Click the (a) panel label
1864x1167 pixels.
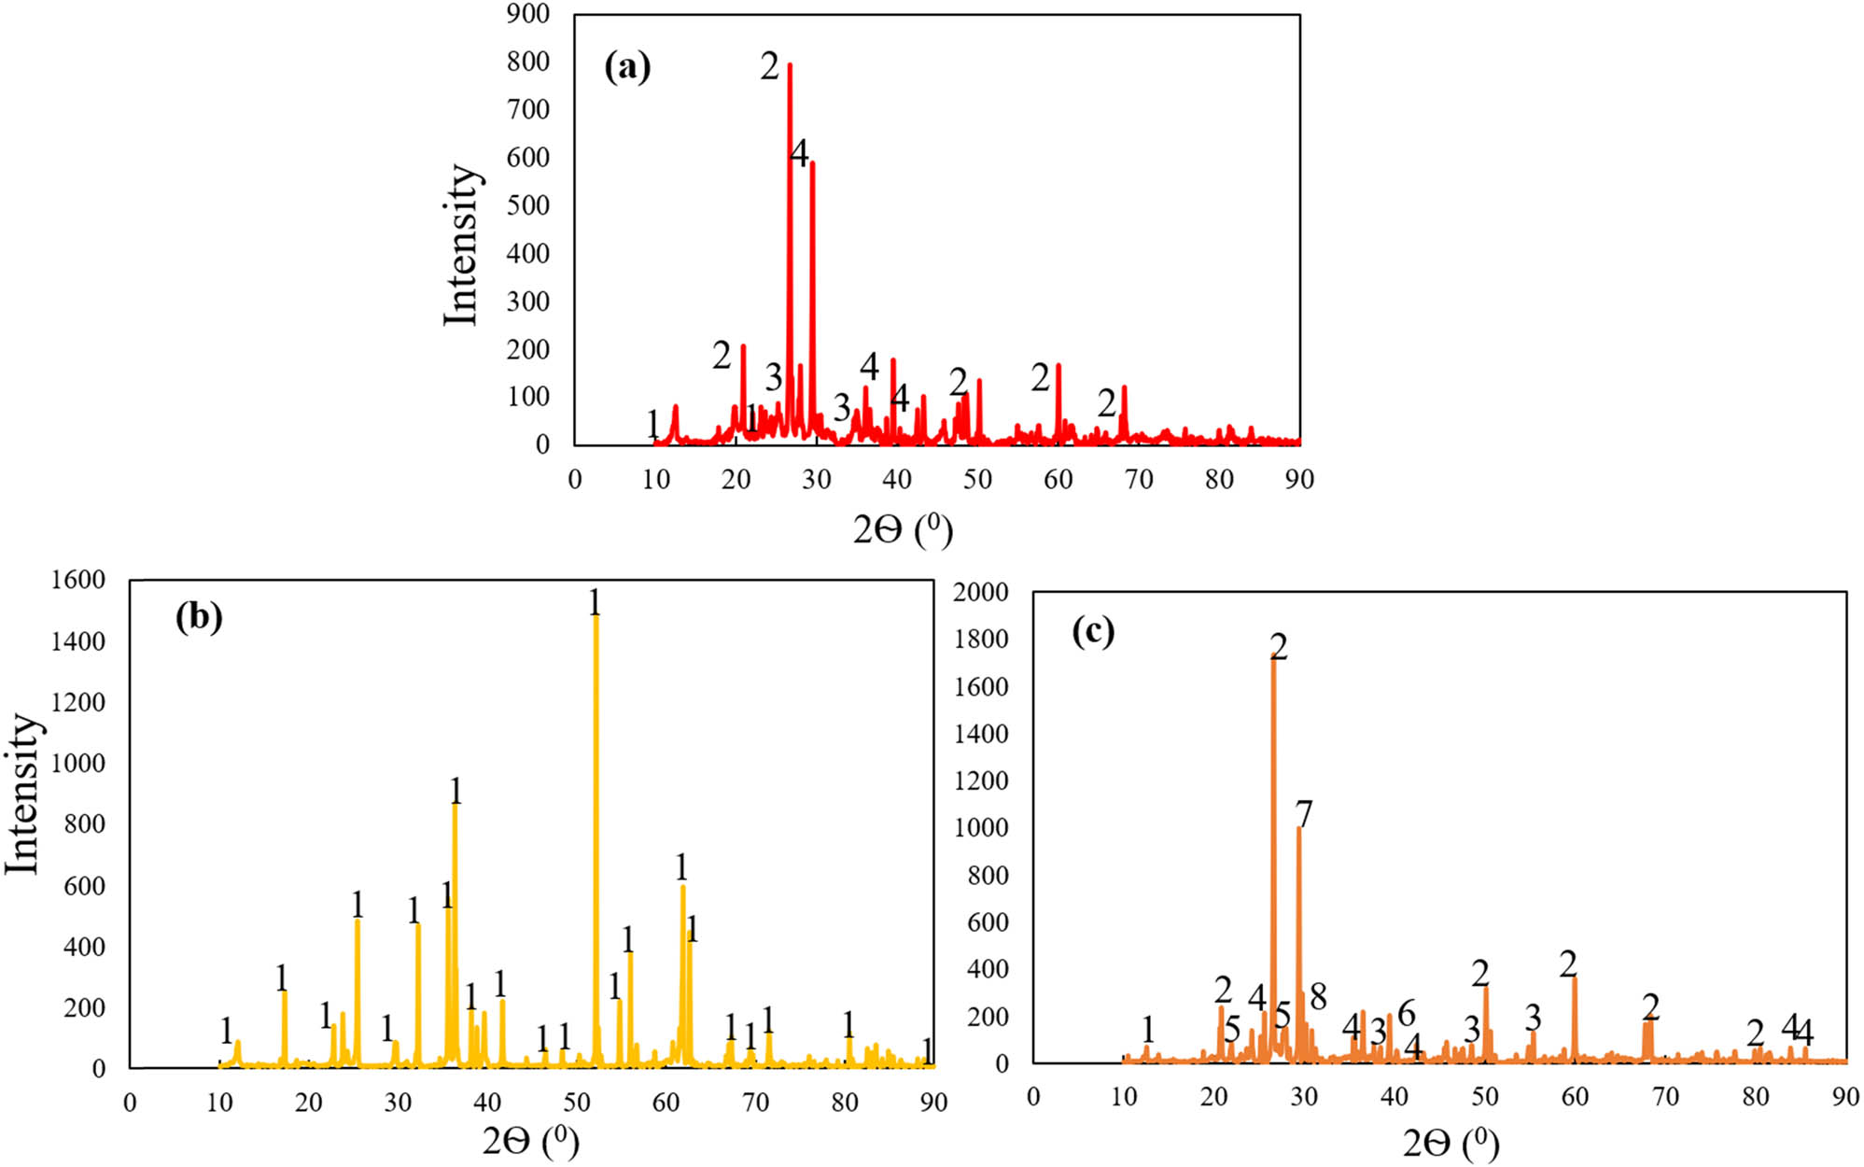(x=626, y=67)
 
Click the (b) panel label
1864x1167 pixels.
(x=199, y=617)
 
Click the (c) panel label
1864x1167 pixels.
(x=1093, y=632)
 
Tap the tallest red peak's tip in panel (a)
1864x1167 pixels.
(x=790, y=64)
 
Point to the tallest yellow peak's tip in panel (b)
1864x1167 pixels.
(x=596, y=616)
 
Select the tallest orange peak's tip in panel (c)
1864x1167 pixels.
(x=1273, y=659)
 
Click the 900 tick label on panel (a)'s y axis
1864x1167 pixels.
(x=527, y=14)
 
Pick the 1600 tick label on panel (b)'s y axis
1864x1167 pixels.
(x=78, y=580)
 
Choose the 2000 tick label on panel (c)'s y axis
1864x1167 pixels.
(x=980, y=592)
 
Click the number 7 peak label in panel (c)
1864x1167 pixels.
(x=1304, y=814)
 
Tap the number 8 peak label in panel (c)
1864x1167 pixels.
(x=1317, y=996)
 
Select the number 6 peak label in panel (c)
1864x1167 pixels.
(x=1406, y=1012)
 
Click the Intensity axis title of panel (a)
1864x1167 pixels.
(x=461, y=246)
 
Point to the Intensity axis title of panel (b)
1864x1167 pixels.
(x=22, y=794)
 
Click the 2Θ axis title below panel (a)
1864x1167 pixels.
(x=902, y=530)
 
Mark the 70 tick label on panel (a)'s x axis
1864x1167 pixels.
(x=1139, y=480)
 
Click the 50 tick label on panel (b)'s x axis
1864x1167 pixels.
(x=577, y=1103)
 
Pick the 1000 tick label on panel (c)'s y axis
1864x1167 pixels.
(x=980, y=828)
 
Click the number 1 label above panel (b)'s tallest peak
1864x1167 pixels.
(x=595, y=602)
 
